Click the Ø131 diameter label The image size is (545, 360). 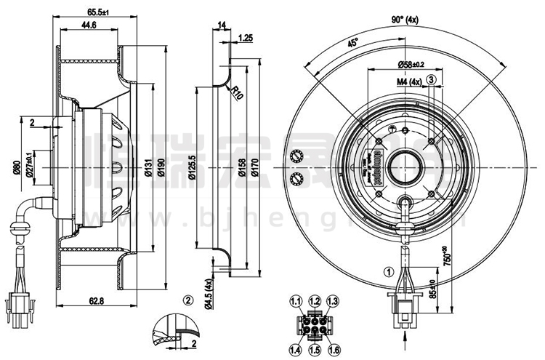tap(148, 171)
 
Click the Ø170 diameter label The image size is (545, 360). tap(254, 171)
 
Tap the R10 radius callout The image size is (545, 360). tap(236, 92)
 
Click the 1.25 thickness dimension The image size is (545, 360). tap(246, 37)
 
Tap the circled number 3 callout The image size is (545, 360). tap(432, 79)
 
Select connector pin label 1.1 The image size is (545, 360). tap(296, 301)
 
